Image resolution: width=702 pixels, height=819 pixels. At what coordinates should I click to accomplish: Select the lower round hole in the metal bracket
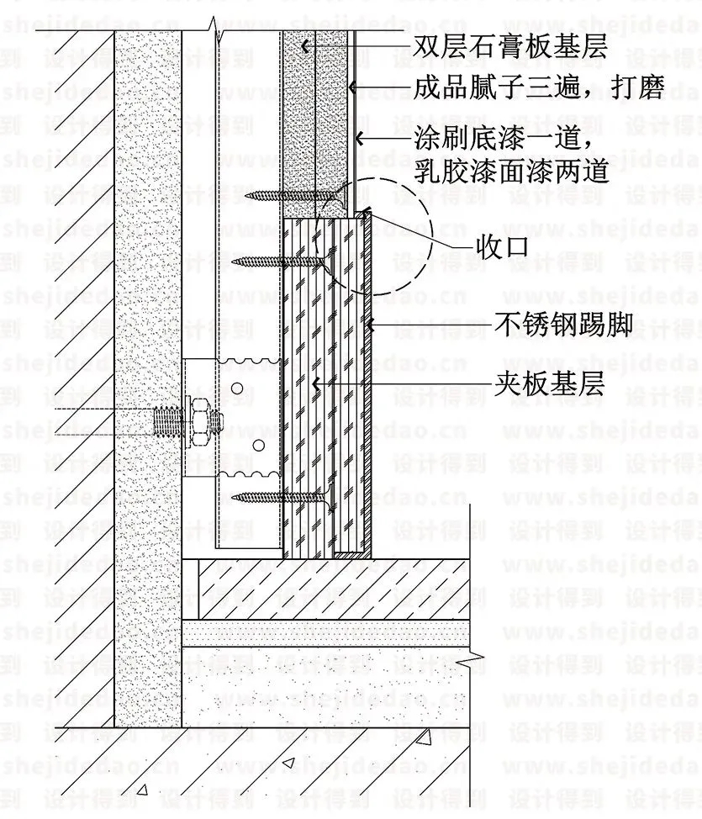259,445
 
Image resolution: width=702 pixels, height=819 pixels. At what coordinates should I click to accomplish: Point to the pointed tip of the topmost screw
250,197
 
